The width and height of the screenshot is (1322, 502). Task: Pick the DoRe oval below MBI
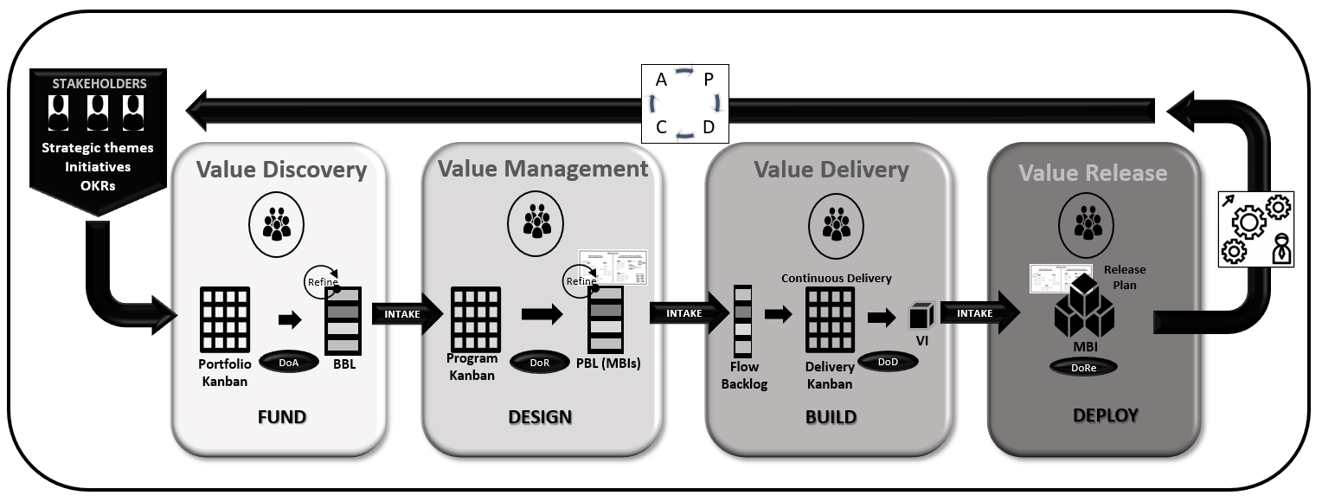(1082, 367)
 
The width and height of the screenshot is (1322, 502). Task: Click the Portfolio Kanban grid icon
(224, 319)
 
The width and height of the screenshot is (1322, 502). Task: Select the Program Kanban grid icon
(475, 319)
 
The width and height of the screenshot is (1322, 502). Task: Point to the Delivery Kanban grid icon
(830, 319)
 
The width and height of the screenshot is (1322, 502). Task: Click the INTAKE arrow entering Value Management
(401, 314)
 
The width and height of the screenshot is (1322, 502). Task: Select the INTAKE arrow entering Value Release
(974, 313)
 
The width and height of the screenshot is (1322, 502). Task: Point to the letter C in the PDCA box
(661, 126)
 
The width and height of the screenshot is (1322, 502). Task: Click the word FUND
(281, 417)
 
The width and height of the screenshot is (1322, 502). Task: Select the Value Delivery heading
(831, 170)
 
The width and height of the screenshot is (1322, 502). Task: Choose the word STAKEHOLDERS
(98, 84)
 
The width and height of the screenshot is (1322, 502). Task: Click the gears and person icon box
(1255, 228)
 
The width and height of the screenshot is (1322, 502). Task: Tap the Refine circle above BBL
(321, 280)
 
